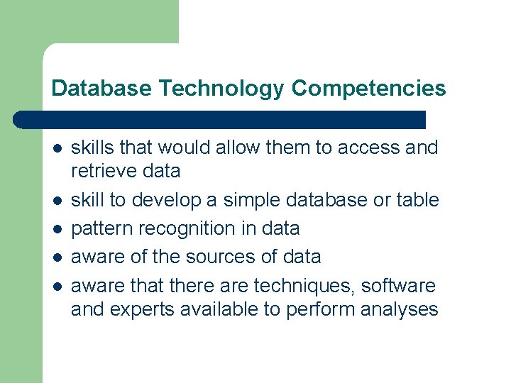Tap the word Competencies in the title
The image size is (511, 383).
pos(368,89)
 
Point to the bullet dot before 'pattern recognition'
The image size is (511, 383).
pos(57,229)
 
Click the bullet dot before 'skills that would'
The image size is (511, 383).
pos(57,148)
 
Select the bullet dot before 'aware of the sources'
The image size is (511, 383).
pos(57,257)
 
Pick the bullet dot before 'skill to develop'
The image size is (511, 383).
pos(57,201)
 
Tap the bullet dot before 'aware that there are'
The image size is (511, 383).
pos(57,287)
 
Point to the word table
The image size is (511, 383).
pos(417,200)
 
